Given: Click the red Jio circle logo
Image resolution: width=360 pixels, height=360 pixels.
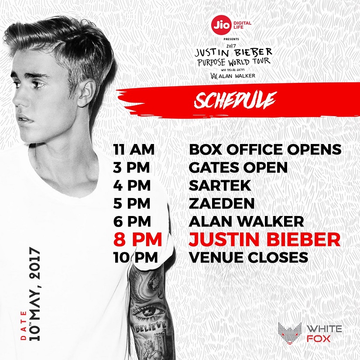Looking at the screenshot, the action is click(222, 25).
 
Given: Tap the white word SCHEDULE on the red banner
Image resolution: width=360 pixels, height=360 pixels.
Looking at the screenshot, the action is click(234, 100).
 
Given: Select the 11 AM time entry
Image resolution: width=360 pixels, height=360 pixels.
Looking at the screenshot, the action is click(134, 150).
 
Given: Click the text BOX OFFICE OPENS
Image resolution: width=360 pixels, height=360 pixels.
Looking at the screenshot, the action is click(265, 150).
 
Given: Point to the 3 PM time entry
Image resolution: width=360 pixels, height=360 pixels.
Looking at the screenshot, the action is click(131, 168).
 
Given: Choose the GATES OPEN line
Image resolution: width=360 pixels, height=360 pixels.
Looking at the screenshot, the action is click(238, 168).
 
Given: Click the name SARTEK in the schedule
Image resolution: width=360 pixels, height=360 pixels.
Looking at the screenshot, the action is click(220, 185).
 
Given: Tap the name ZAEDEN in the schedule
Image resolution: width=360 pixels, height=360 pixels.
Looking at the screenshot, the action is click(222, 203).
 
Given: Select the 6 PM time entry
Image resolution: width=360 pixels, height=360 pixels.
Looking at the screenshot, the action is click(132, 222).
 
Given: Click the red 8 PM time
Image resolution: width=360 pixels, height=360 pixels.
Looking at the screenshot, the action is click(138, 240).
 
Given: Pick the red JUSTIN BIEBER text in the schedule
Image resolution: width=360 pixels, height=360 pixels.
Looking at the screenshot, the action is click(264, 240).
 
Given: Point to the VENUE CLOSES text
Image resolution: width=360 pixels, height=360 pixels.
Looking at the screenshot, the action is click(248, 257).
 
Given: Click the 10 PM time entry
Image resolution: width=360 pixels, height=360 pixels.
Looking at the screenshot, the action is click(135, 257).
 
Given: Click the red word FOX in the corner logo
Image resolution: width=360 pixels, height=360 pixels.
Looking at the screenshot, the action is click(319, 339).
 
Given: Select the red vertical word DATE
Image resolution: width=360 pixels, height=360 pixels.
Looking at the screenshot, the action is click(24, 325).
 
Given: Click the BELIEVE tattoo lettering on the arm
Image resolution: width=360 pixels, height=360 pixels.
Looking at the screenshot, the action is click(151, 327).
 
